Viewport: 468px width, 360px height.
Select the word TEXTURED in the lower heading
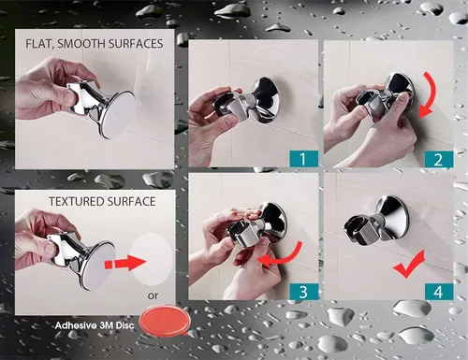(74, 201)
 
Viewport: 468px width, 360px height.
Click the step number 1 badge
(303, 159)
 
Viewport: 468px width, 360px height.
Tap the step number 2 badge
(438, 159)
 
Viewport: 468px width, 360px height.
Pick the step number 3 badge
(303, 292)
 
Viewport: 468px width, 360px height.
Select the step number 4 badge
(438, 292)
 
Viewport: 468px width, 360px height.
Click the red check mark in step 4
(409, 265)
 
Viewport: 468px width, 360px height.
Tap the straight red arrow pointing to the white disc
(125, 263)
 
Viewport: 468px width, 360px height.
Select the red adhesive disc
(165, 321)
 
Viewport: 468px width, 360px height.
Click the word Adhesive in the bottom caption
(76, 325)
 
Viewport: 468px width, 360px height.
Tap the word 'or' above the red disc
(153, 295)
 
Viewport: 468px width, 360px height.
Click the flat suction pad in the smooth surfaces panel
(117, 114)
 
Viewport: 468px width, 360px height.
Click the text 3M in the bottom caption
(106, 325)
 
